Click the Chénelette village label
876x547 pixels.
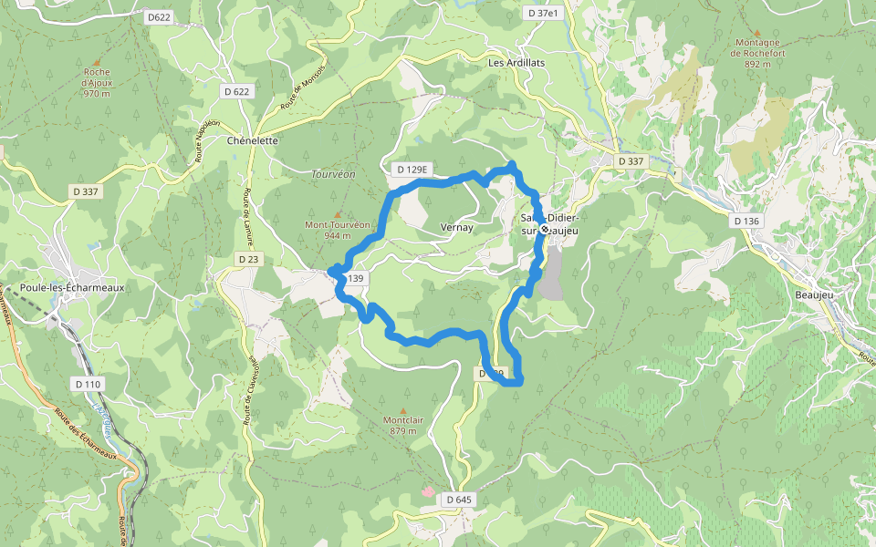[x=252, y=141]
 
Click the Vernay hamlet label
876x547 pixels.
[x=456, y=228]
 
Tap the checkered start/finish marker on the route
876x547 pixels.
[x=545, y=230]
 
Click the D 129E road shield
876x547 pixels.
[x=412, y=170]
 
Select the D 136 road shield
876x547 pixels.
[x=746, y=221]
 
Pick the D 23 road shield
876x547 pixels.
[x=248, y=259]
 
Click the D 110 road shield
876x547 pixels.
[x=89, y=384]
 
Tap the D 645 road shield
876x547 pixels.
[x=460, y=500]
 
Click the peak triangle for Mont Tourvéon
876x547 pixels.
[x=337, y=215]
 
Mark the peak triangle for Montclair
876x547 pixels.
[x=403, y=411]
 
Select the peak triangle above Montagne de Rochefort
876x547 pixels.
[x=756, y=33]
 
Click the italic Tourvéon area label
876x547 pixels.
[x=333, y=174]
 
